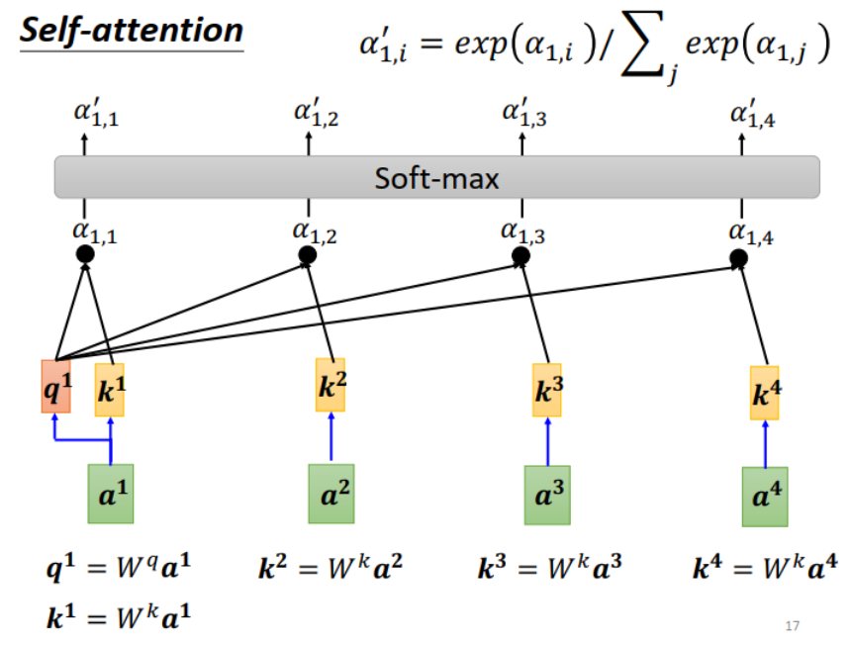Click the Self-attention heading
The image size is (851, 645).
(132, 29)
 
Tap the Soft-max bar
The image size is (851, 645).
(436, 178)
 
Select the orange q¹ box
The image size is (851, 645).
(55, 387)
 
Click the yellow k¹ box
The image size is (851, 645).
(110, 389)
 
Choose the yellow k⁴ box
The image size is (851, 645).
(764, 393)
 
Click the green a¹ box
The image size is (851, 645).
(110, 493)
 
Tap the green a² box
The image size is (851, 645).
(331, 493)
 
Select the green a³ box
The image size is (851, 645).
(547, 494)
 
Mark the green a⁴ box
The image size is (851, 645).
(764, 497)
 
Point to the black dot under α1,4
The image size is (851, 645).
(738, 259)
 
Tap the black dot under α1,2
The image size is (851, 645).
(308, 255)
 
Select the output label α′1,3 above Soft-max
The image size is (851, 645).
(523, 115)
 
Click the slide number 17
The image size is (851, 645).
(791, 625)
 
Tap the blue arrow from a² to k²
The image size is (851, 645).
(331, 438)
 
